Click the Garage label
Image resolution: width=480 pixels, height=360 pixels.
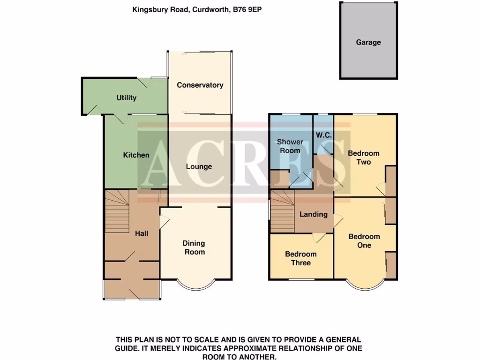click(x=368, y=42)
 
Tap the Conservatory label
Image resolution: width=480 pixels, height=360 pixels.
click(x=200, y=85)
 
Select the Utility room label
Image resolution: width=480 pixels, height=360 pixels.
click(x=127, y=97)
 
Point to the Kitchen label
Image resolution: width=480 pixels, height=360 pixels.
click(x=136, y=155)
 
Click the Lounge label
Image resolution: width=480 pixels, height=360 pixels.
click(x=199, y=166)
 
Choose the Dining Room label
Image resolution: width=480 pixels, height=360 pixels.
click(x=194, y=247)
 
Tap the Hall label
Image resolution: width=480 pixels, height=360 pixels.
click(x=142, y=233)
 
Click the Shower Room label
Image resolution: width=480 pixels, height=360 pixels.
click(x=290, y=146)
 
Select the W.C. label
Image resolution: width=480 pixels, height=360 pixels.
click(x=324, y=135)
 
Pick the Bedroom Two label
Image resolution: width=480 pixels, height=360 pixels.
click(x=364, y=157)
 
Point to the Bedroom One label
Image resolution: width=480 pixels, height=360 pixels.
click(x=364, y=241)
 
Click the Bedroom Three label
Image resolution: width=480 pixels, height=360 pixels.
click(x=301, y=258)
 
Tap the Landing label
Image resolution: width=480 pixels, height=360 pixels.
click(x=313, y=214)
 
